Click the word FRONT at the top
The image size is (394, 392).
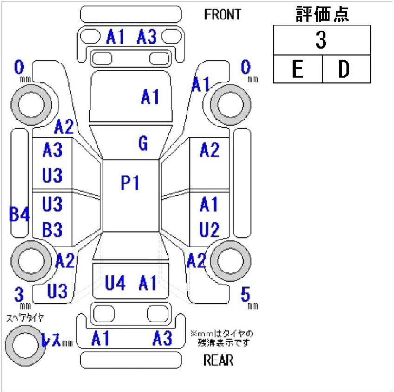[x=222, y=14]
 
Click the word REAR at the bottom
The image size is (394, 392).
[x=218, y=360]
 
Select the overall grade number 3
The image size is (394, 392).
[x=321, y=40]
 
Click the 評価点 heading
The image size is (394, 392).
[x=322, y=14]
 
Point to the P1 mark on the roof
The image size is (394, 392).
[x=129, y=183]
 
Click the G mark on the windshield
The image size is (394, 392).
[x=143, y=143]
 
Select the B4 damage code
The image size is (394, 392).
[x=19, y=214]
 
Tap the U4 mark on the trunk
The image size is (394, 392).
[x=115, y=283]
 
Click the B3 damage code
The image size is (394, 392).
[x=52, y=229]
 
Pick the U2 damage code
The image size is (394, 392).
[x=209, y=229]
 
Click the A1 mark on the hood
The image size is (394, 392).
[x=150, y=97]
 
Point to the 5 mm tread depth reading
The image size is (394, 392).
[x=245, y=294]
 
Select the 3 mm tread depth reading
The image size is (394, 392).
[x=19, y=294]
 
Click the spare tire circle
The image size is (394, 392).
[x=26, y=345]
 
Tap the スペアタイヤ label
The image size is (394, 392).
[x=25, y=318]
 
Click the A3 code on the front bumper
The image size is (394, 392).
[x=147, y=37]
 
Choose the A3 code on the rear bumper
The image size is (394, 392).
[x=162, y=338]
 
